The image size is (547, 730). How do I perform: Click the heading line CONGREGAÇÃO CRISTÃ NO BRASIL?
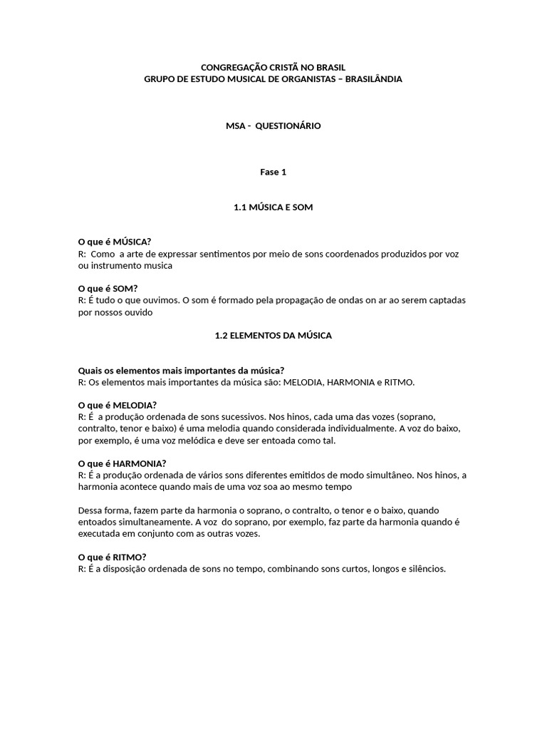click(x=273, y=67)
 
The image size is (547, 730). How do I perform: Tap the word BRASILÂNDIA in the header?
click(x=373, y=79)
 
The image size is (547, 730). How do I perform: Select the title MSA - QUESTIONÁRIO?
click(x=273, y=125)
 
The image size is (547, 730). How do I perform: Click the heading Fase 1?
click(x=273, y=172)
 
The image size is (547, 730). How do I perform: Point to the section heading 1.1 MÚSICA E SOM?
click(x=273, y=207)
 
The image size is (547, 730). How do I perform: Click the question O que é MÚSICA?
click(x=114, y=242)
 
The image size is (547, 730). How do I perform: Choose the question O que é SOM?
click(x=108, y=288)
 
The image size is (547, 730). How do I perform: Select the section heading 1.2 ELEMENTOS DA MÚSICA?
click(x=273, y=335)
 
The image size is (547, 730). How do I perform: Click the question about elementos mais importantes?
click(x=181, y=370)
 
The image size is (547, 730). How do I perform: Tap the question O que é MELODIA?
click(x=117, y=405)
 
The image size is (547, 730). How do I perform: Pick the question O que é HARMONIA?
click(x=122, y=463)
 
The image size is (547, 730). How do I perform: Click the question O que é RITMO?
click(x=112, y=557)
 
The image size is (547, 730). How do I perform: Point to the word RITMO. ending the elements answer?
click(x=397, y=382)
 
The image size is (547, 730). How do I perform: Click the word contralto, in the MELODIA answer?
click(x=97, y=428)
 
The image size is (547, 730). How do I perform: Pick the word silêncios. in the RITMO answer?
click(x=425, y=569)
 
